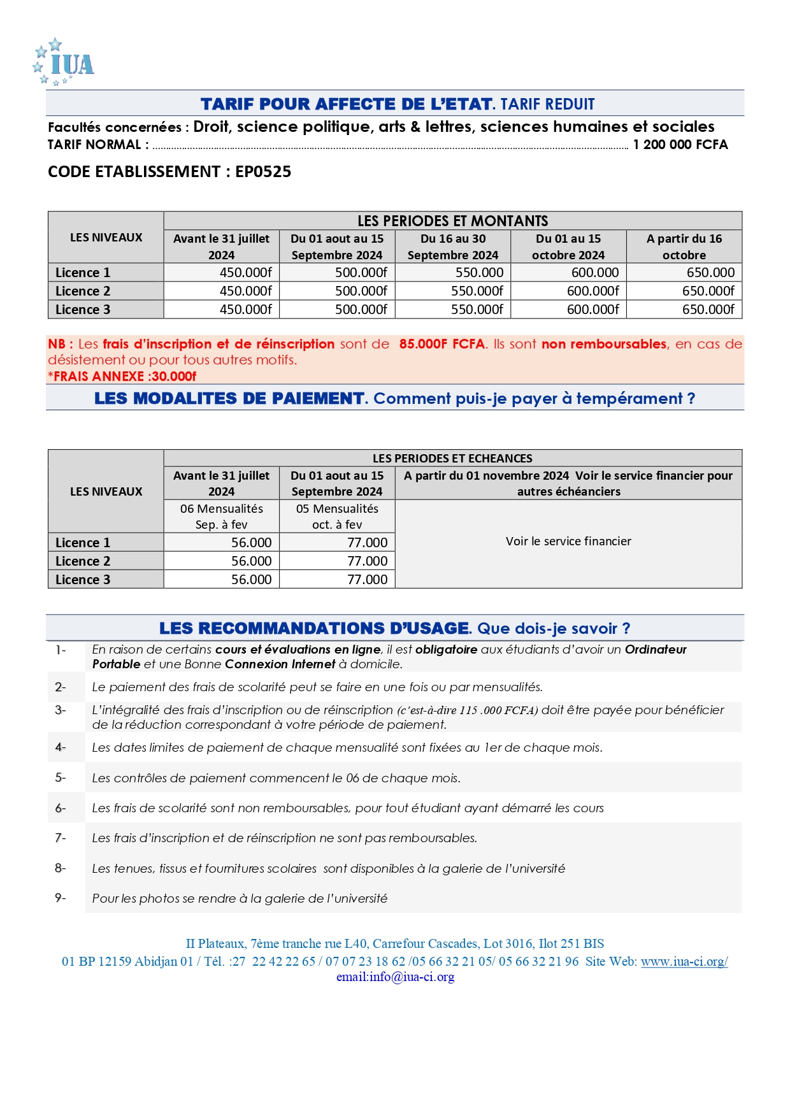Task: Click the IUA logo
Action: click(x=64, y=62)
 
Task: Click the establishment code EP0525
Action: click(x=263, y=172)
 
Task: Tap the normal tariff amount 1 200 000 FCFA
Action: click(x=680, y=145)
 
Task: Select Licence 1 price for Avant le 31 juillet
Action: click(x=245, y=273)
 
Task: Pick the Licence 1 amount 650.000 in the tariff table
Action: click(x=710, y=273)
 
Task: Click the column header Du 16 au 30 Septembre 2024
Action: click(x=452, y=247)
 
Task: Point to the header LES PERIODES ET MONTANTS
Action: click(x=452, y=221)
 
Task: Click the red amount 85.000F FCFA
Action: click(x=442, y=344)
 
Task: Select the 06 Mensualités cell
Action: click(x=221, y=516)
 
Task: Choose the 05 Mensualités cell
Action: click(x=337, y=516)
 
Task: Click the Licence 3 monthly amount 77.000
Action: click(x=367, y=580)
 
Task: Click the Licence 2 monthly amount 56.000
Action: click(x=251, y=561)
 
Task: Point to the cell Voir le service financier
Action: click(x=568, y=541)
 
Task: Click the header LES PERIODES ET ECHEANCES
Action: click(x=452, y=458)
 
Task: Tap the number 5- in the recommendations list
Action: click(x=61, y=778)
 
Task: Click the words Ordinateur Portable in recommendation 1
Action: click(x=656, y=650)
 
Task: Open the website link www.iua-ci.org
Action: click(x=684, y=962)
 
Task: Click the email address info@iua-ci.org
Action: click(x=412, y=977)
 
